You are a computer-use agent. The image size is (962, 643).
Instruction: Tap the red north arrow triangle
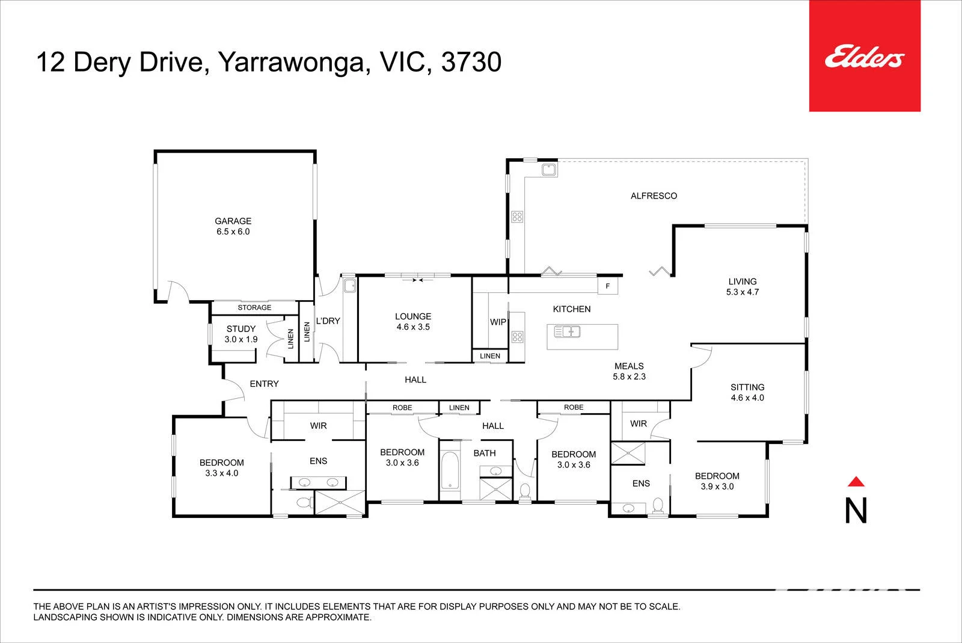[x=856, y=482]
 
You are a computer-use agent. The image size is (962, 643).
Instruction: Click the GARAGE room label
[x=233, y=221]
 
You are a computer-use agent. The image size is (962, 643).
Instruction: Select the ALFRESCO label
[x=654, y=196]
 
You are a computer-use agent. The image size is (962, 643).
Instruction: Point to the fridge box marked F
[x=608, y=286]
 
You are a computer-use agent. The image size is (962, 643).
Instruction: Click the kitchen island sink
[x=567, y=331]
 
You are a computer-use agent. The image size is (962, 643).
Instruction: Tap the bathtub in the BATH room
[x=450, y=470]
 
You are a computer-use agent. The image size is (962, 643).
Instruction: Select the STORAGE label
[x=254, y=307]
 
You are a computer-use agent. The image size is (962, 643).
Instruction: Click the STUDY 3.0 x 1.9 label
[x=241, y=334]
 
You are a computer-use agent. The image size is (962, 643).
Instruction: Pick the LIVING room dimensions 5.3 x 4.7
[x=743, y=292]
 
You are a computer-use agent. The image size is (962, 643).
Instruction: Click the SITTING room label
[x=747, y=387]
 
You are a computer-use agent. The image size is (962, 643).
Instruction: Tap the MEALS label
[x=629, y=366]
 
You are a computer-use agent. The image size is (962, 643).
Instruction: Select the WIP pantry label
[x=498, y=322]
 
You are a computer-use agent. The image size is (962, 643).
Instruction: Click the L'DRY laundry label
[x=328, y=321]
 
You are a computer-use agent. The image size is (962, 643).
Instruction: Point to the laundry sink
[x=349, y=286]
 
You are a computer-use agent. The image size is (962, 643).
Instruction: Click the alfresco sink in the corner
[x=549, y=170]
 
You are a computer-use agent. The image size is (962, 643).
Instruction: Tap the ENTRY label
[x=264, y=384]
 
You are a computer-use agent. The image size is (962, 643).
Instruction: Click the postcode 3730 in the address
[x=471, y=62]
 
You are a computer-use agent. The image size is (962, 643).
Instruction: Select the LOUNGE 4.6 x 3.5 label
[x=412, y=321]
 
